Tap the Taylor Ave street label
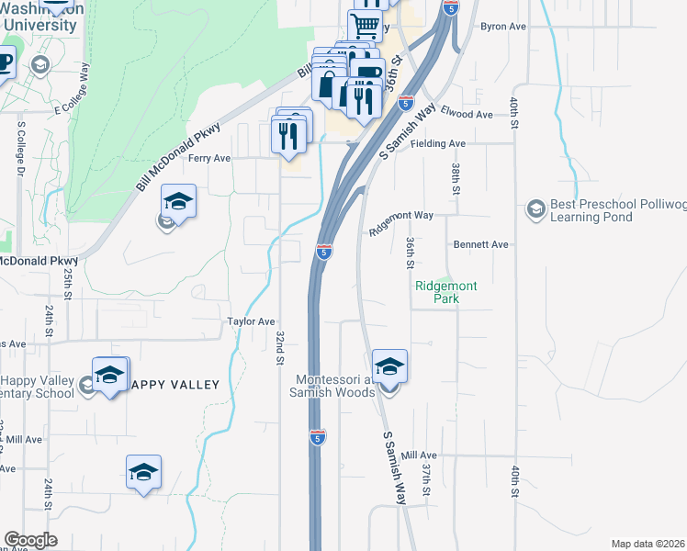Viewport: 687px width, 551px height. [252, 321]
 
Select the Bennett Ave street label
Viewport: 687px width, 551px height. [480, 245]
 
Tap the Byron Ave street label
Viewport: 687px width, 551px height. [503, 27]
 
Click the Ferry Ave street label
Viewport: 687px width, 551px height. [209, 158]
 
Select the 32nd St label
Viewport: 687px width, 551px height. [279, 347]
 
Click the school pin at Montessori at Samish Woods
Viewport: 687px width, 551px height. [389, 369]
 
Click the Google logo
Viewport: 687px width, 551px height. [30, 540]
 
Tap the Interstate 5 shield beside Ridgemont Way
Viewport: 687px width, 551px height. [323, 251]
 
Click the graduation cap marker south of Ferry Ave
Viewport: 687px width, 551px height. [179, 203]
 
